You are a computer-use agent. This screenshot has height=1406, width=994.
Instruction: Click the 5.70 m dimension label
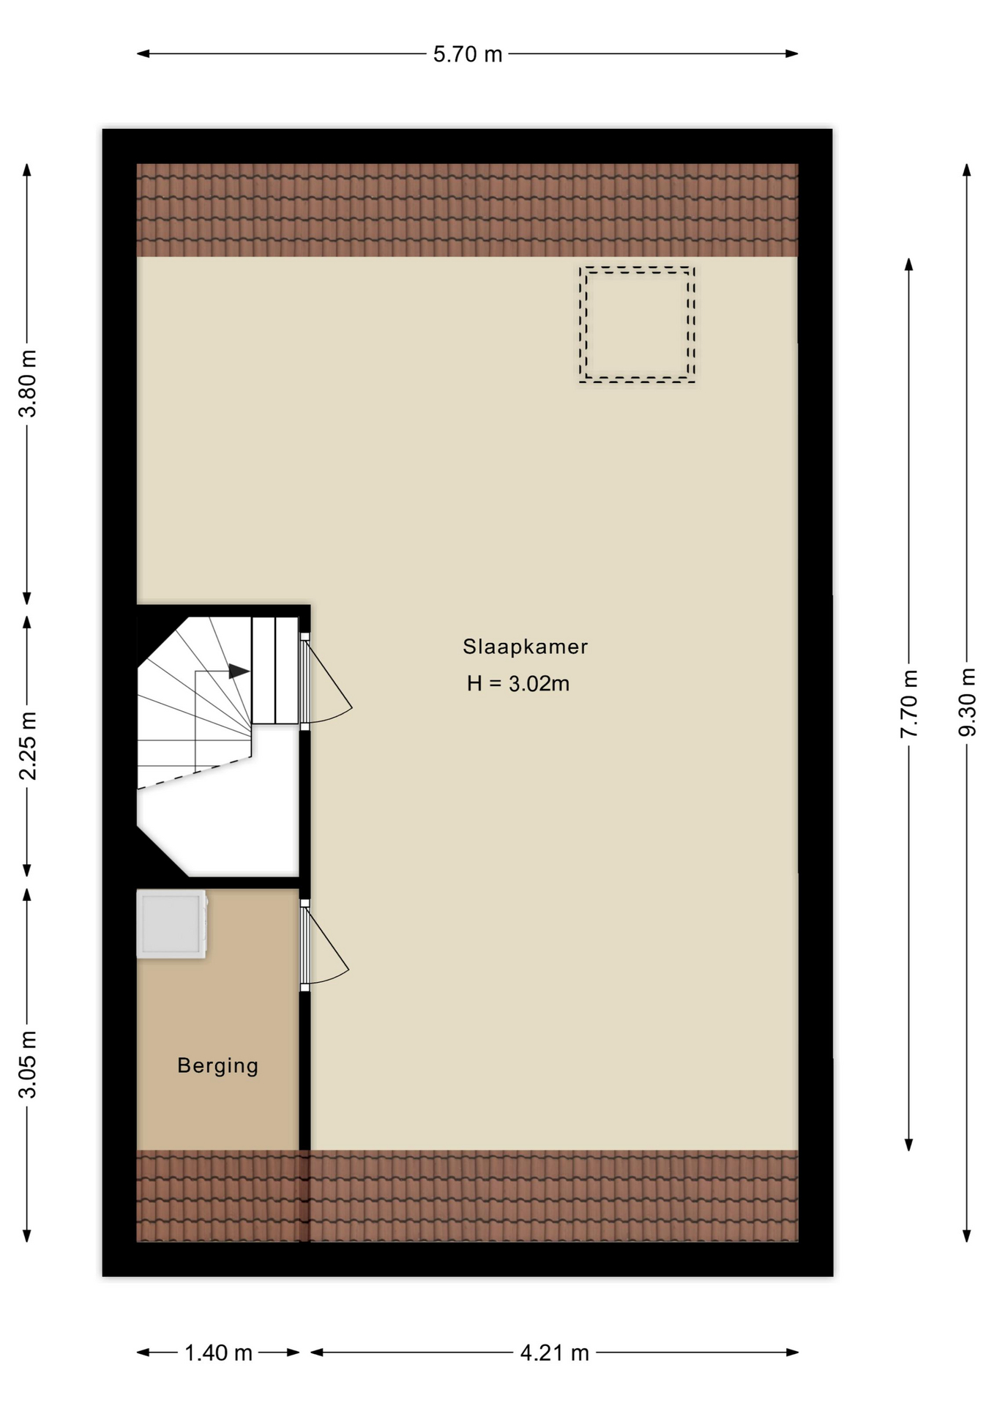click(468, 54)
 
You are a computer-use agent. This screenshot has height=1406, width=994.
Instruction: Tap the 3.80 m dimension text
click(28, 384)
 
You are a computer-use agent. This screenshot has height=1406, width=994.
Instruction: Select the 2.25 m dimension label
click(28, 745)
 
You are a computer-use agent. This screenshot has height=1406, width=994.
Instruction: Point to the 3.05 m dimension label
click(28, 1065)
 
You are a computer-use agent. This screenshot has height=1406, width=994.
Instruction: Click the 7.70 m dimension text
click(909, 704)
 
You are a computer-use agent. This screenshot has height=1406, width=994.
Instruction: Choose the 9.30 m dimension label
click(967, 703)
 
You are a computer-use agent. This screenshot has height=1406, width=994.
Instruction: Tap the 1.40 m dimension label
click(218, 1353)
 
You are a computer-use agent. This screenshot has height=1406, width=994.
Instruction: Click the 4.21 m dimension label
click(554, 1353)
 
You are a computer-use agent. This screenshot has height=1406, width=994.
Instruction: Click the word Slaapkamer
click(525, 647)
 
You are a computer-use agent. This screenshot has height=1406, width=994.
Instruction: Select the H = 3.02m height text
click(518, 683)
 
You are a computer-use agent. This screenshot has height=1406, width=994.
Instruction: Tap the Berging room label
click(217, 1065)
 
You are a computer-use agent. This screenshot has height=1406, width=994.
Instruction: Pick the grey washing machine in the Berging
click(172, 924)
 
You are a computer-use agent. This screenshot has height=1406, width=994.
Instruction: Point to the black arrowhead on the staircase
click(239, 671)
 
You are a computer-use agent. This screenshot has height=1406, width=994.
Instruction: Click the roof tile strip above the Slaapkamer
click(467, 210)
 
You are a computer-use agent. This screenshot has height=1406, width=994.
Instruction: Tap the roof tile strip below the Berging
click(218, 1196)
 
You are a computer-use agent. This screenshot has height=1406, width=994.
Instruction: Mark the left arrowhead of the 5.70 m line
click(143, 53)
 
